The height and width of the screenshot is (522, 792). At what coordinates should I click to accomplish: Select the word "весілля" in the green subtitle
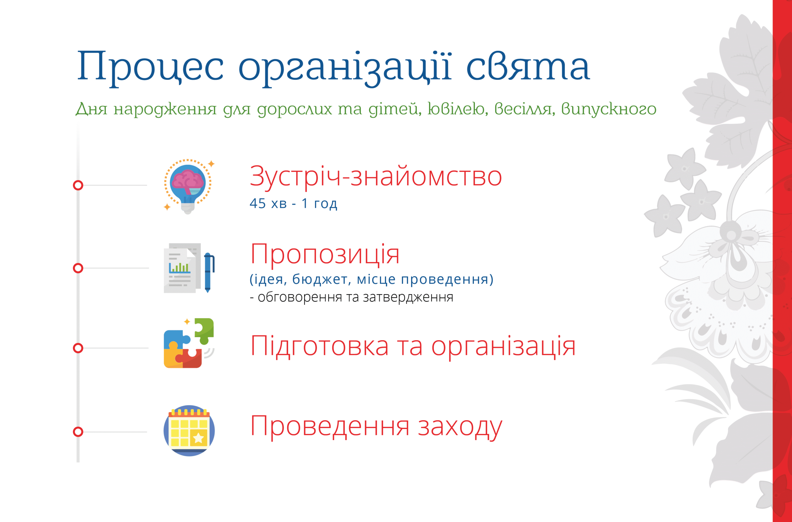coord(525,109)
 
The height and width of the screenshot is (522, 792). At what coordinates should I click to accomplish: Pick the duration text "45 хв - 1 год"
coord(293,203)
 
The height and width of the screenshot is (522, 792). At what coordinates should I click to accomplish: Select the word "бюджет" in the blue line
coord(322,279)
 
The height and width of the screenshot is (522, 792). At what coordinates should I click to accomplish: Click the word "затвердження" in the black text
coord(408,297)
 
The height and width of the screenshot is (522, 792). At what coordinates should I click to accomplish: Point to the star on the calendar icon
coord(198,438)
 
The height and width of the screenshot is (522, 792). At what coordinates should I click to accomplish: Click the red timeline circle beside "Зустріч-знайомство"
coord(78,186)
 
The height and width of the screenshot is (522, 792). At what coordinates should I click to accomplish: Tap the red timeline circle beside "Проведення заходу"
coord(78,432)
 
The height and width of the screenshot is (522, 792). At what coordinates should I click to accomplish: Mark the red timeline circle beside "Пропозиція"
coord(78,268)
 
